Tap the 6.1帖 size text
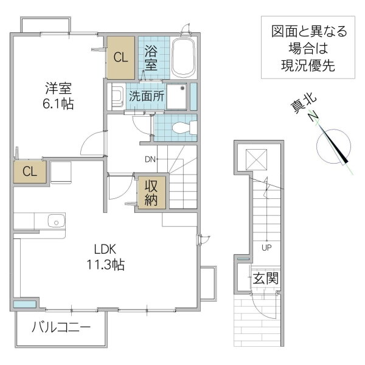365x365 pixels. tap(58, 103)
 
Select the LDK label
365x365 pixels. tap(105, 249)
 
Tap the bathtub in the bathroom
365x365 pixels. tap(183, 58)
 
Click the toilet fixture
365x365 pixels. tap(183, 128)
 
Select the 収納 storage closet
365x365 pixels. tap(151, 193)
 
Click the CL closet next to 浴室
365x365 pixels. tap(121, 58)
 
